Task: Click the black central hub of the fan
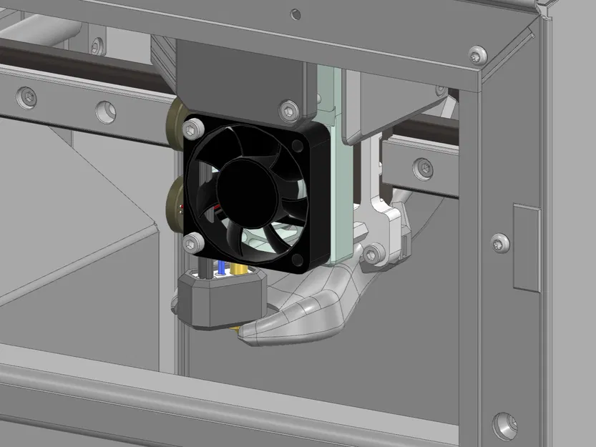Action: [247, 189]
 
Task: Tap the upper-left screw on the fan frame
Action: [190, 129]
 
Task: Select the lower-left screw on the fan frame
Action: [191, 244]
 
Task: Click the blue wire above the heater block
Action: [221, 268]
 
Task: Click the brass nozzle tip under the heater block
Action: [235, 330]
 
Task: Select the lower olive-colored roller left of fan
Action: [175, 204]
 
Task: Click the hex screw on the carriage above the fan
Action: [288, 109]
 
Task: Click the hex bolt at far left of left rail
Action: [26, 97]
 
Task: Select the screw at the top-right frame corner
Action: [477, 54]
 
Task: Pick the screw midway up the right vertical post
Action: [499, 242]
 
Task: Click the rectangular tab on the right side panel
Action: [527, 247]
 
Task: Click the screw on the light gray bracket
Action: [373, 252]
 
